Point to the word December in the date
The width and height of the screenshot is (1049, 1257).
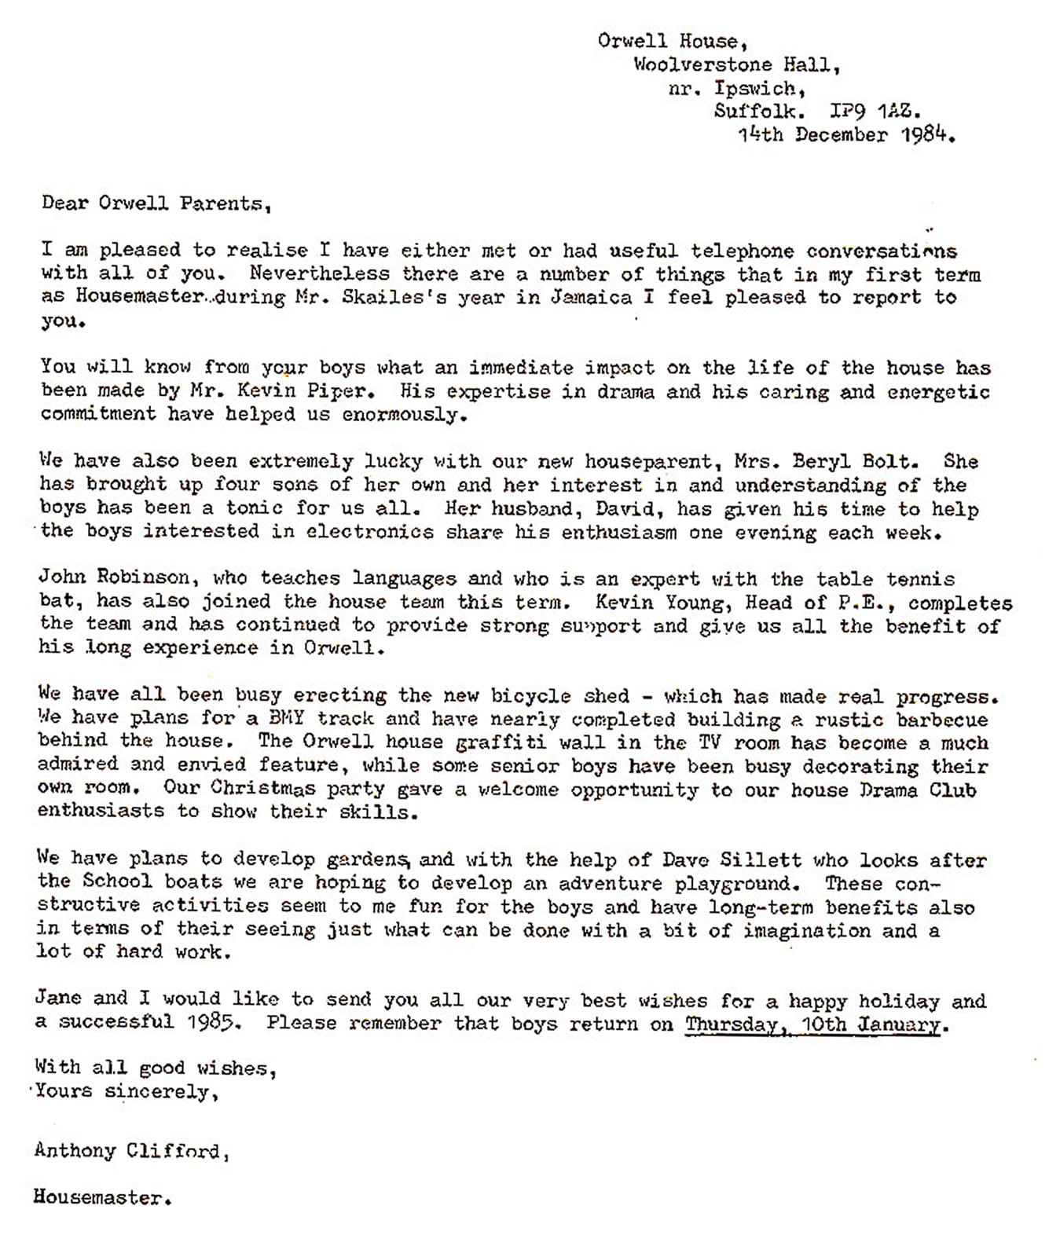click(x=842, y=135)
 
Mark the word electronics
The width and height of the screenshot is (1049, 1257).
click(x=369, y=532)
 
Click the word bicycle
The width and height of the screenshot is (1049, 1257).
click(x=530, y=696)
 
